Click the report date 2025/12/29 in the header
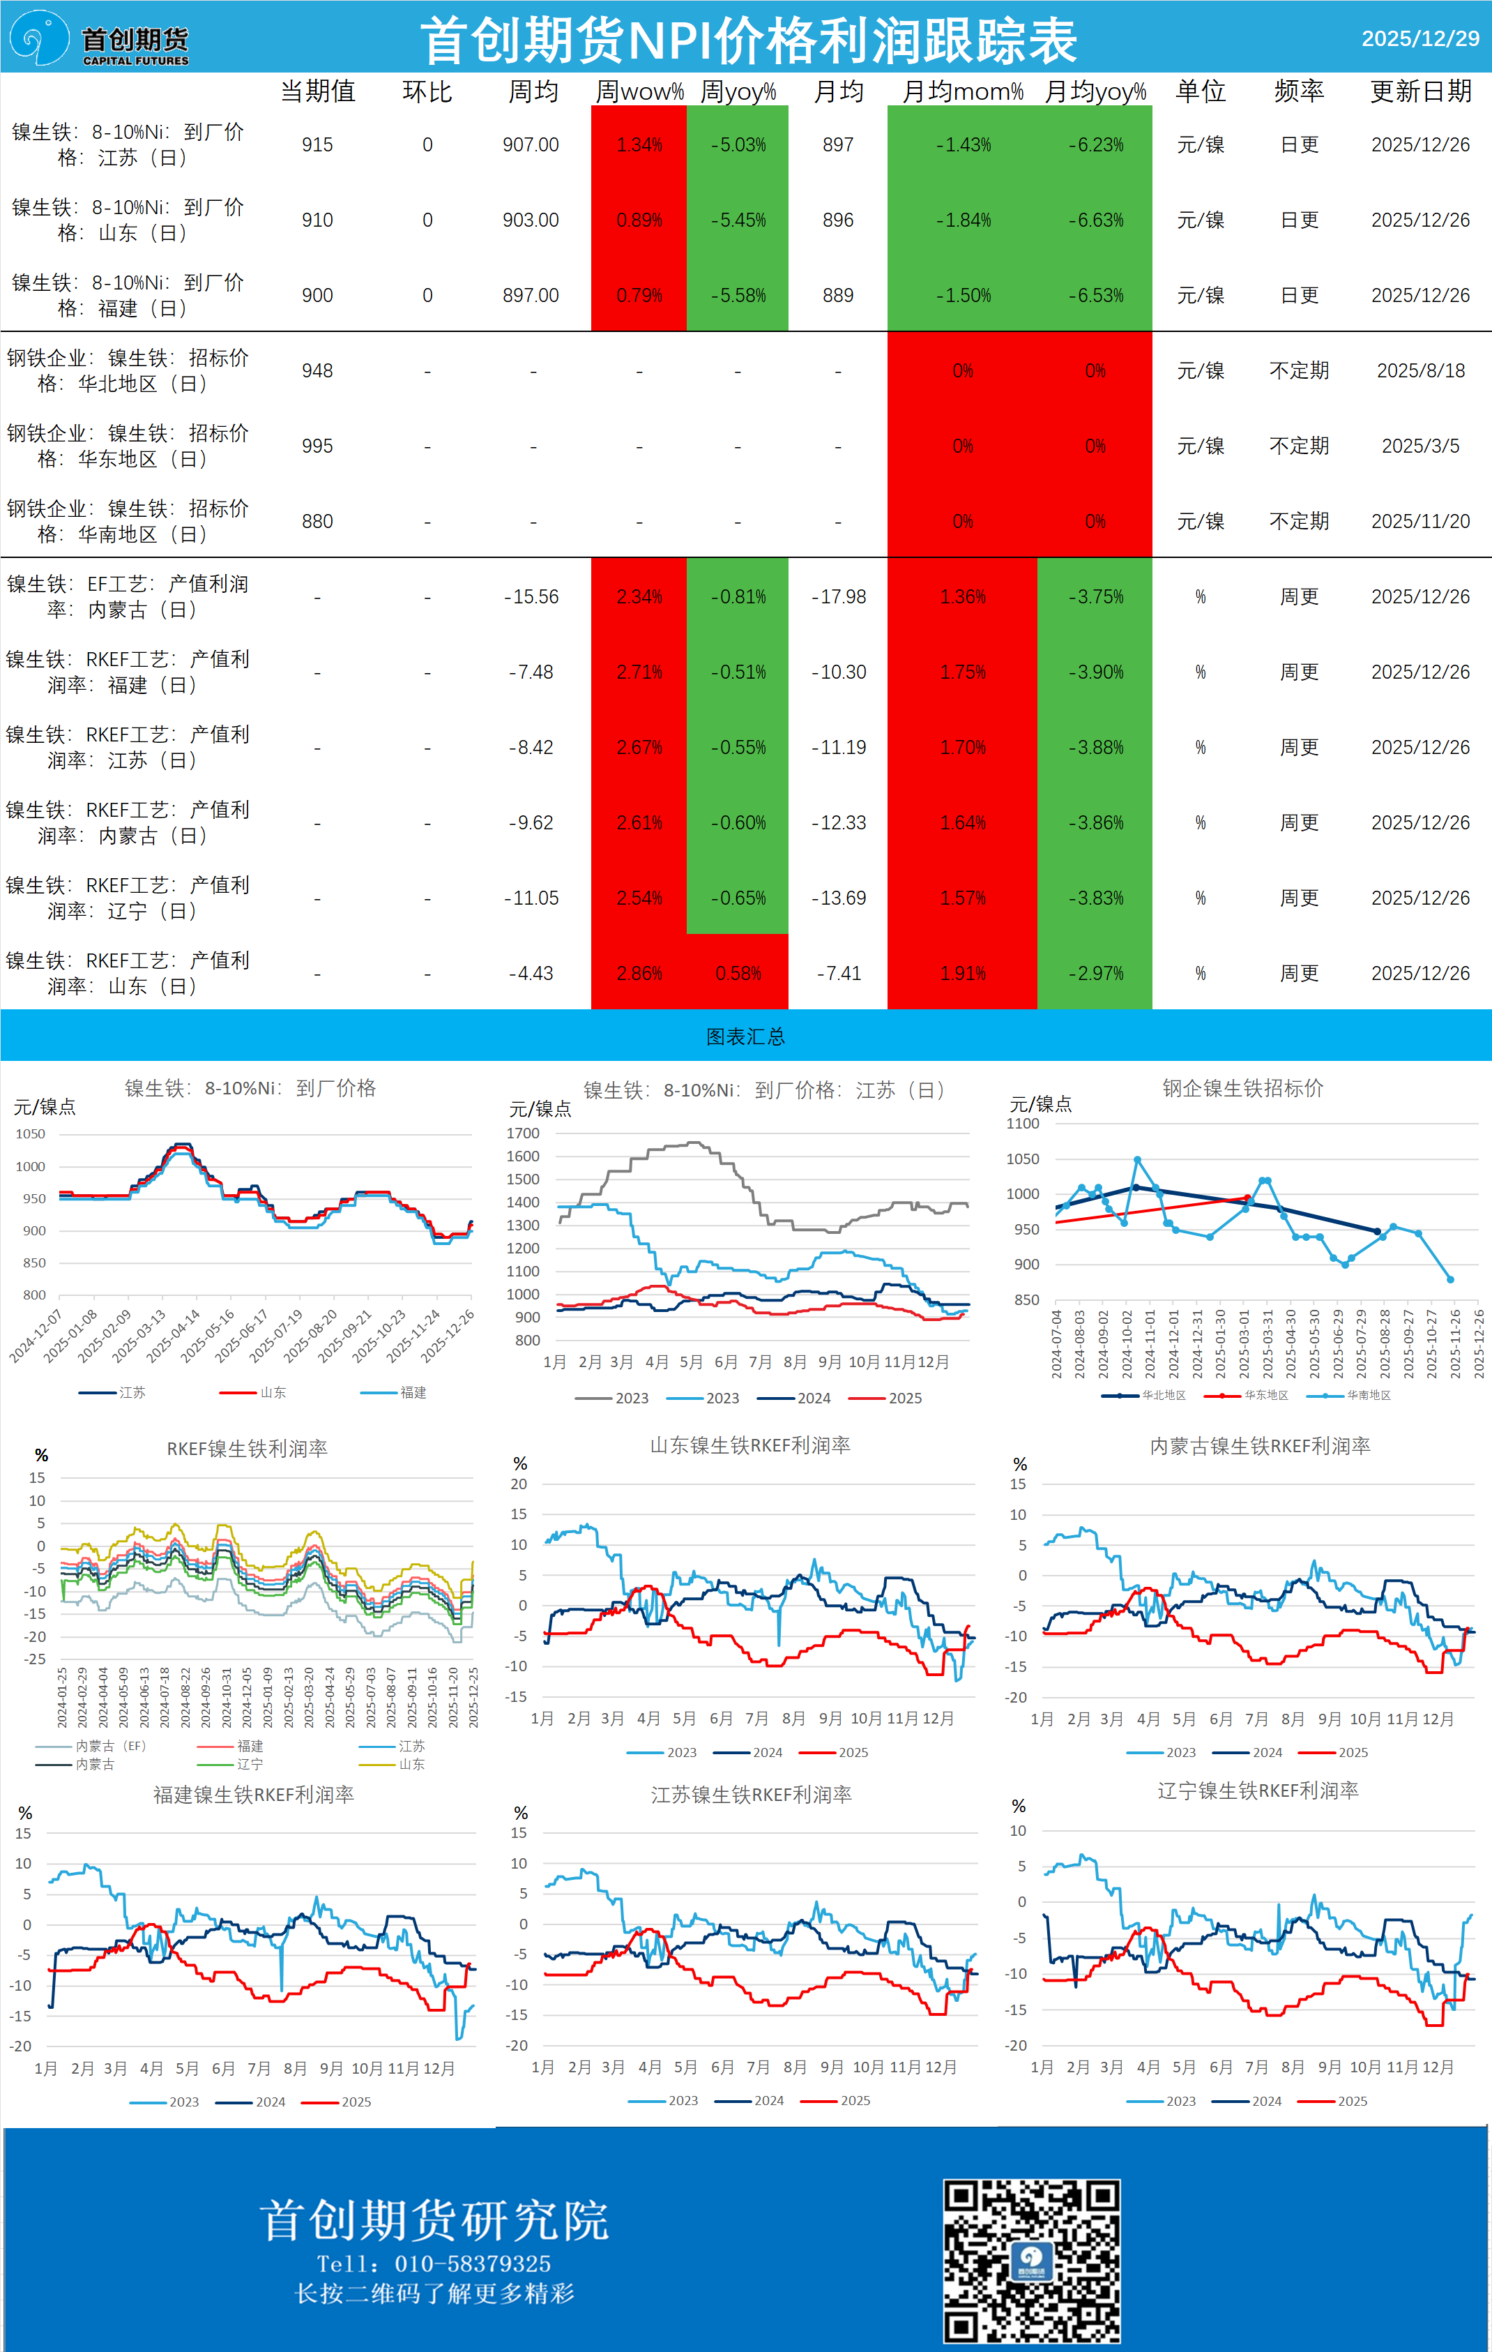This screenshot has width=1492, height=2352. pyautogui.click(x=1419, y=39)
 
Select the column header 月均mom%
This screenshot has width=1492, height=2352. pyautogui.click(x=962, y=92)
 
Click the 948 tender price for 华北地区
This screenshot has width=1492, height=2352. pyautogui.click(x=317, y=371)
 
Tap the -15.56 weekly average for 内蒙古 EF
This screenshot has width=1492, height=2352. pyautogui.click(x=531, y=597)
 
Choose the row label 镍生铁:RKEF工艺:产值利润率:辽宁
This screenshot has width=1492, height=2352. pyautogui.click(x=127, y=898)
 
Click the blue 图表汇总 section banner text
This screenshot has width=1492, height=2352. pyautogui.click(x=745, y=1036)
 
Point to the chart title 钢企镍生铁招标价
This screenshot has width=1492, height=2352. pyautogui.click(x=1242, y=1088)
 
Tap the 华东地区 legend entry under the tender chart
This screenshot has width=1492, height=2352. pyautogui.click(x=1265, y=1395)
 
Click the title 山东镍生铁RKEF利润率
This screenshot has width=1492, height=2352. pyautogui.click(x=750, y=1445)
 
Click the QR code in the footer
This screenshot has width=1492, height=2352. pyautogui.click(x=1031, y=2260)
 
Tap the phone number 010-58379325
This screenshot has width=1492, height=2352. pyautogui.click(x=473, y=2263)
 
